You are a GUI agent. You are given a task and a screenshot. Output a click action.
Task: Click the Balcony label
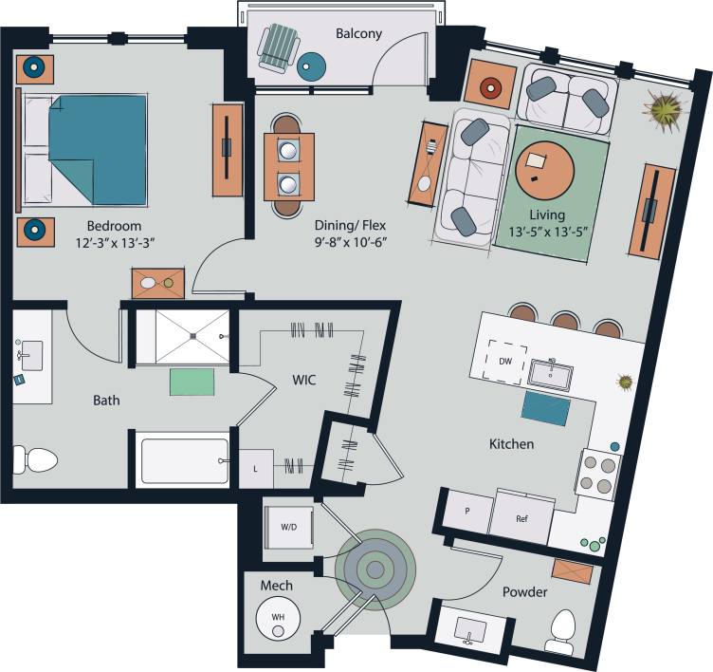(358, 34)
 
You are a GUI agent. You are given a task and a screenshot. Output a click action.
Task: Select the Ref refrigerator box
(521, 519)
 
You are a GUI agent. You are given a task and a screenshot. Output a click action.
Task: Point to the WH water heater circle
(278, 618)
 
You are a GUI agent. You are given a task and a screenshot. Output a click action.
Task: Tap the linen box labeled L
(255, 468)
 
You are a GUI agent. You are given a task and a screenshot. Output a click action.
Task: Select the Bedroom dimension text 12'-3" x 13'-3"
(114, 243)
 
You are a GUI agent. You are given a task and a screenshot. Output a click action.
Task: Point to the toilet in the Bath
(34, 460)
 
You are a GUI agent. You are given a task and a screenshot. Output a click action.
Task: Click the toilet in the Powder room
(563, 630)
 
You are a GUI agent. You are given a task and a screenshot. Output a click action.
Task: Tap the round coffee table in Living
(544, 169)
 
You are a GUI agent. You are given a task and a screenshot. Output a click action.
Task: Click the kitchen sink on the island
(551, 374)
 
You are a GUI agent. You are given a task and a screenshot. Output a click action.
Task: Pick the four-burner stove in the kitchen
(597, 474)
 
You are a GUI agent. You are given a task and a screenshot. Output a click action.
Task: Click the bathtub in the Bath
(185, 460)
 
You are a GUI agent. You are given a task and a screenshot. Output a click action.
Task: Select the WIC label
(303, 381)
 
